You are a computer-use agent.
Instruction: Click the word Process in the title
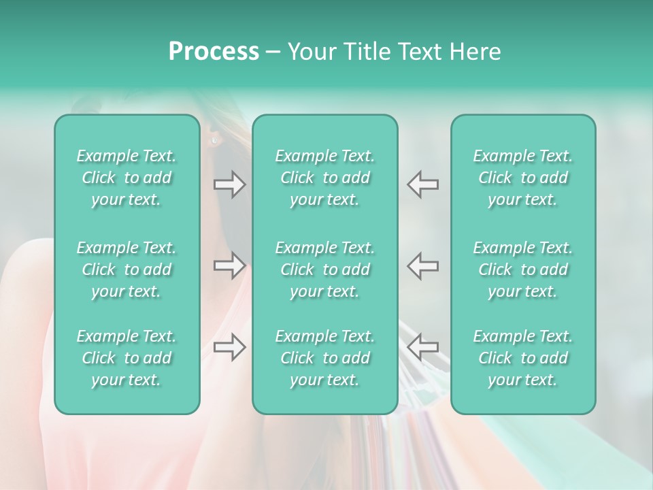tap(214, 51)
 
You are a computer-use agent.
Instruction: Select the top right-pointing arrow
tap(229, 184)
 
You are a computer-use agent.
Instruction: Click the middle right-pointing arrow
tap(229, 265)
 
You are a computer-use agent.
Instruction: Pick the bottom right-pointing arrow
tap(229, 347)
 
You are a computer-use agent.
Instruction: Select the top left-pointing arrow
tap(422, 184)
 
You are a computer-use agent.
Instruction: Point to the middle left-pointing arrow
tap(422, 265)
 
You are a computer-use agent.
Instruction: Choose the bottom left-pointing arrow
tap(422, 347)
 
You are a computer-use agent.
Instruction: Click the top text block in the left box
tap(127, 178)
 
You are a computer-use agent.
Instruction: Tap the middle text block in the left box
tap(127, 269)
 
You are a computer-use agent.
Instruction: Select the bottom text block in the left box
tap(127, 358)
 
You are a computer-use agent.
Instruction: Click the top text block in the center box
tap(324, 178)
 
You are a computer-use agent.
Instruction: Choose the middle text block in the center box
tap(324, 269)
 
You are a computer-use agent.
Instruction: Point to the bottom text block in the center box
tap(324, 358)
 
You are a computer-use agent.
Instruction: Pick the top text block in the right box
tap(522, 178)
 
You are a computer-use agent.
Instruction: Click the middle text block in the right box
tap(522, 269)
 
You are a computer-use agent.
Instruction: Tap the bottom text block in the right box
tap(522, 358)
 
